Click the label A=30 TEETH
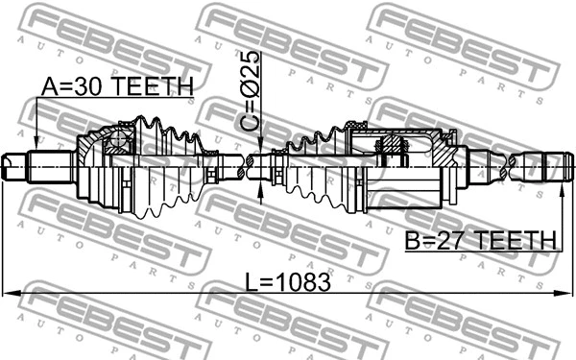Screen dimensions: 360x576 (x=116, y=86)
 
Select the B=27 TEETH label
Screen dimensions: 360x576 (x=484, y=239)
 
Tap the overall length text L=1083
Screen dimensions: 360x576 (x=287, y=282)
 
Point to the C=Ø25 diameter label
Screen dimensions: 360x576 (x=250, y=93)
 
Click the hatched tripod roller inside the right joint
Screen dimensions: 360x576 (x=395, y=148)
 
